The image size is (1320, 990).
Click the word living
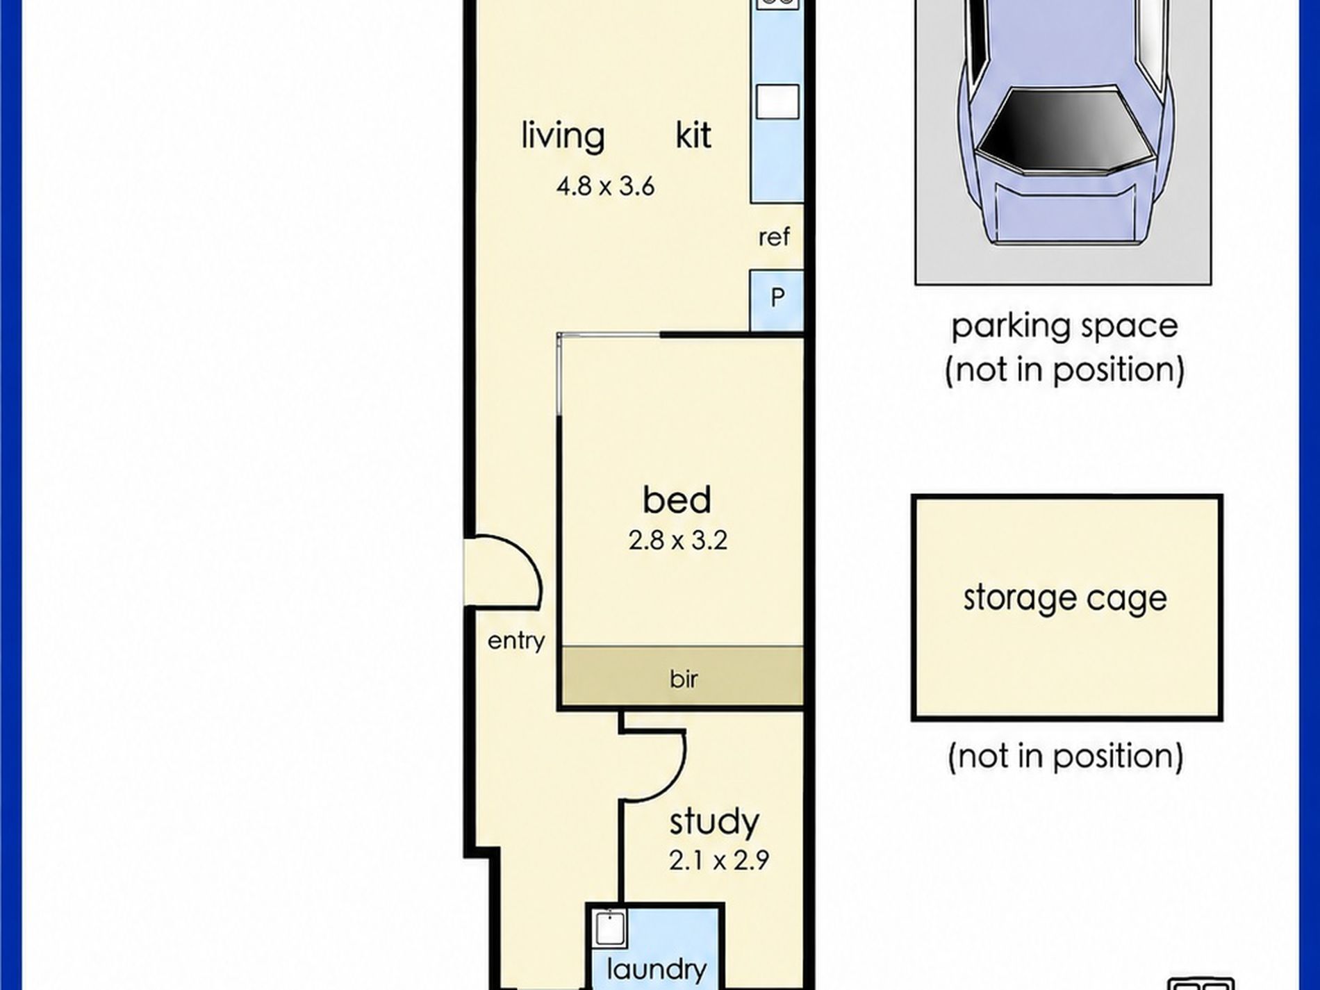pos(563,136)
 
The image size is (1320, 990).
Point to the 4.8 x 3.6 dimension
pos(605,186)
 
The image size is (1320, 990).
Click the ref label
pos(774,237)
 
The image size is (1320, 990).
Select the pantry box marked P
pos(777,300)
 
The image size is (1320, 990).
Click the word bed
pos(677,500)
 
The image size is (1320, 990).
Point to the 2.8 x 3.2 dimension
pos(677,540)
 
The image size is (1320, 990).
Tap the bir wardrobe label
pos(684,678)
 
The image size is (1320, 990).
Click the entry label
pos(516,641)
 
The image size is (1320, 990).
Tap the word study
pos(714,823)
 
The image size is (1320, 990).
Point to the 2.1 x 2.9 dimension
pos(719,861)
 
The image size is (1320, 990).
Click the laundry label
pos(657,968)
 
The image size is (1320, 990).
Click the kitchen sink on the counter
pos(777,101)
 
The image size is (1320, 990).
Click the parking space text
pos(1064,327)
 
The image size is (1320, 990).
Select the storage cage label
pos(1065,598)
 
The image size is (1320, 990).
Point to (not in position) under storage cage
pos(1066,756)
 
